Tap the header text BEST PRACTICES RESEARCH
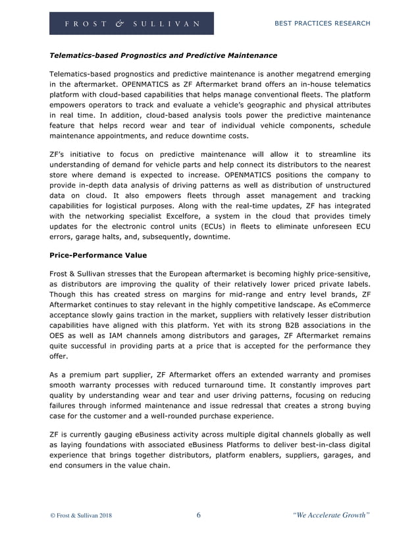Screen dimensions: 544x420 321,24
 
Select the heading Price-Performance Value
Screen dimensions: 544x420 98,255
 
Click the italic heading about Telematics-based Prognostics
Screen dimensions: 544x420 163,55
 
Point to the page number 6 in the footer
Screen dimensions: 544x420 199,515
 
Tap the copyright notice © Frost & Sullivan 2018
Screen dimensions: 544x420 81,516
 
